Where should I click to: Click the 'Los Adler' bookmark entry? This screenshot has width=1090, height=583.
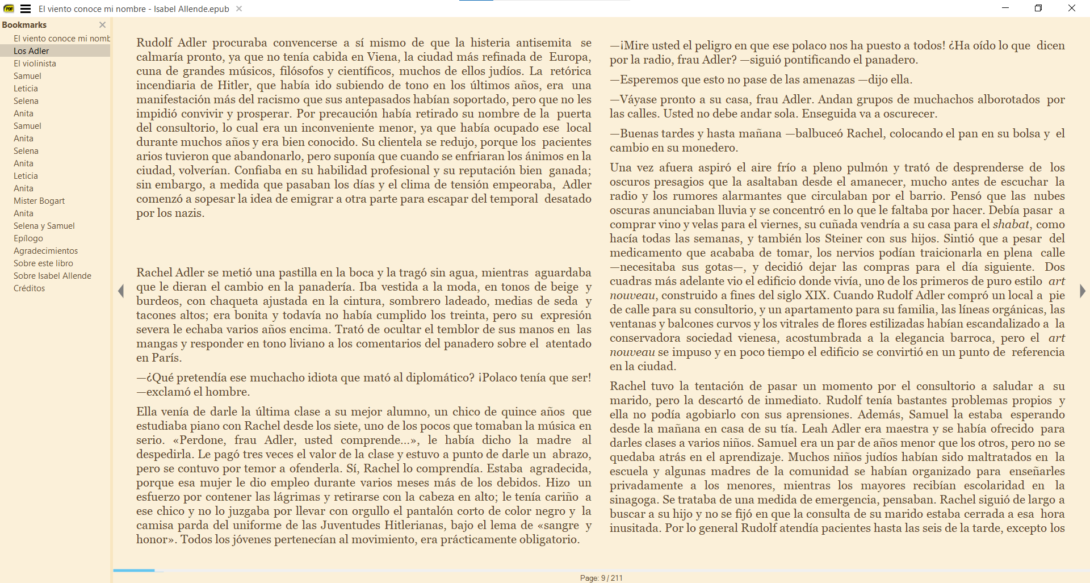point(31,51)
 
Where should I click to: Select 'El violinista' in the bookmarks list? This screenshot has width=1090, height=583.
point(35,64)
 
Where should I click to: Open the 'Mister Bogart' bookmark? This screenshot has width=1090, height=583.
point(39,201)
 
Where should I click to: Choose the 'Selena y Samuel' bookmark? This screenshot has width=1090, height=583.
point(44,226)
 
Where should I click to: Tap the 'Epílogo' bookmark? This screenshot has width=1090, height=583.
point(28,238)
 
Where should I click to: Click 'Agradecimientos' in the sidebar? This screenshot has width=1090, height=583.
point(46,251)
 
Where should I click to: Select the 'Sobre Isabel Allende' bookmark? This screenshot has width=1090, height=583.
point(52,276)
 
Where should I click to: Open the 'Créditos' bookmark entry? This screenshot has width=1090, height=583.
point(30,288)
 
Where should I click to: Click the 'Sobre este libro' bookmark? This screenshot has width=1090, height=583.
point(43,263)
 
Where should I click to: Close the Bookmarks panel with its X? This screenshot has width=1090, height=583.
point(102,25)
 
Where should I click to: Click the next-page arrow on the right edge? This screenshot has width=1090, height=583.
point(1082,291)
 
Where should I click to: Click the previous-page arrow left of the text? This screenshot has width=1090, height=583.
point(121,291)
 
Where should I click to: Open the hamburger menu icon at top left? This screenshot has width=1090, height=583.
point(26,9)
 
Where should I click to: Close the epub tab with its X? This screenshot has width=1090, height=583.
point(239,9)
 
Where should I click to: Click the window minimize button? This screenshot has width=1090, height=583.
point(1005,8)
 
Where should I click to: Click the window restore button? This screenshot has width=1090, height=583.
point(1038,8)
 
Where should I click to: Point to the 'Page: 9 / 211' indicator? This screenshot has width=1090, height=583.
point(601,578)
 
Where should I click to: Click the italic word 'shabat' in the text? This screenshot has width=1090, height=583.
point(1011,224)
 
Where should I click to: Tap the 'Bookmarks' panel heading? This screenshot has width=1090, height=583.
point(24,25)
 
